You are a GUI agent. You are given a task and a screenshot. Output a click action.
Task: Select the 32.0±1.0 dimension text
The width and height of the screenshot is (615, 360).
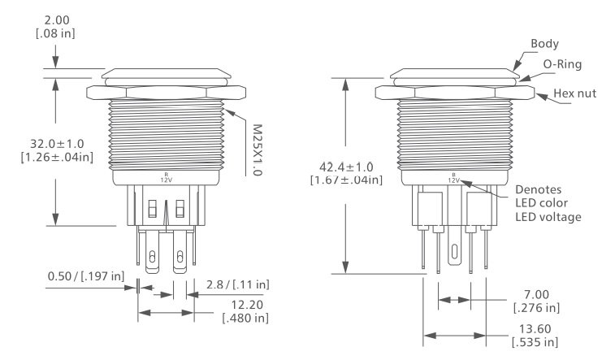55,142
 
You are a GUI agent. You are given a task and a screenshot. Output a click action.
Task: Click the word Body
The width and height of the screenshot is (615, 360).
544,43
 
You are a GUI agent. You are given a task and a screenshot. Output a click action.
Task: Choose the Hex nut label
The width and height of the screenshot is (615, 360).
575,93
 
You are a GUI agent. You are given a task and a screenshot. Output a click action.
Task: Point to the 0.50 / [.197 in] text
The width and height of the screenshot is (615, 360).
85,278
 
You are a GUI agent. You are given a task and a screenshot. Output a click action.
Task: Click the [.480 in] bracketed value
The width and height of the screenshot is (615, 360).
245,317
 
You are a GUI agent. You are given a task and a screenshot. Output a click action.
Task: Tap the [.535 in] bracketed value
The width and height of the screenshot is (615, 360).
537,342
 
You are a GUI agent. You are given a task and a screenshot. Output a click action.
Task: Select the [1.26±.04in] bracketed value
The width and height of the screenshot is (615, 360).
55,157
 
